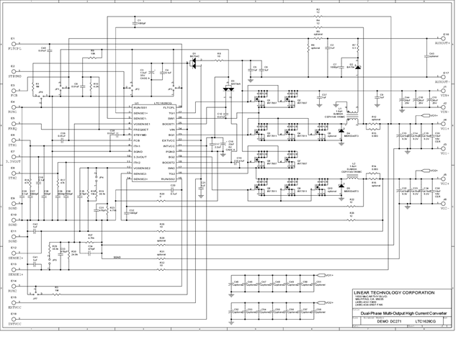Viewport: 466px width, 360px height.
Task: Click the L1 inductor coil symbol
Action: pyautogui.click(x=354, y=116)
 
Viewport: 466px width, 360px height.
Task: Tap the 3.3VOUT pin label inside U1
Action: pyautogui.click(x=140, y=157)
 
